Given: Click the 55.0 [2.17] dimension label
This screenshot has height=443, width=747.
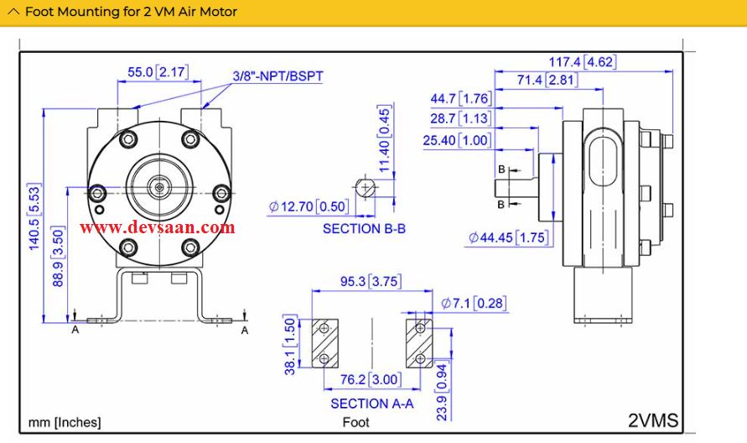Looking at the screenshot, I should [x=157, y=72].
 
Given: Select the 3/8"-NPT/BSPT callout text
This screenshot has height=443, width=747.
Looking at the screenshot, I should [x=278, y=76].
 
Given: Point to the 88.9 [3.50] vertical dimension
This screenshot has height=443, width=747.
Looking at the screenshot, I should [x=58, y=256].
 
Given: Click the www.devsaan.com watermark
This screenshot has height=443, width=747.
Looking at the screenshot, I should [x=157, y=227].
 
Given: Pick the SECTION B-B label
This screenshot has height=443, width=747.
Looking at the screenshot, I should [x=364, y=228].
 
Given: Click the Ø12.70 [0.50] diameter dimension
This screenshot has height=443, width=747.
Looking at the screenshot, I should [x=308, y=206].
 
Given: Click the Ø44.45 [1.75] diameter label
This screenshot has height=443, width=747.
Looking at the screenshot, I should [x=508, y=237].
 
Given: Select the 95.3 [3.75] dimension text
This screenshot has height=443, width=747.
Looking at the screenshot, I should [x=369, y=282].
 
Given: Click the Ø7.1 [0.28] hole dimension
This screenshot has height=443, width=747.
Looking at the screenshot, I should [x=474, y=303].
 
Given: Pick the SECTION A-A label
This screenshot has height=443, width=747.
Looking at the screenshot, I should [x=371, y=403].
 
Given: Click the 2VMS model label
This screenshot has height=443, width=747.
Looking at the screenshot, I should [x=652, y=420].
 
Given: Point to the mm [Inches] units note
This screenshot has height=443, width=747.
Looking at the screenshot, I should [x=65, y=422].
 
